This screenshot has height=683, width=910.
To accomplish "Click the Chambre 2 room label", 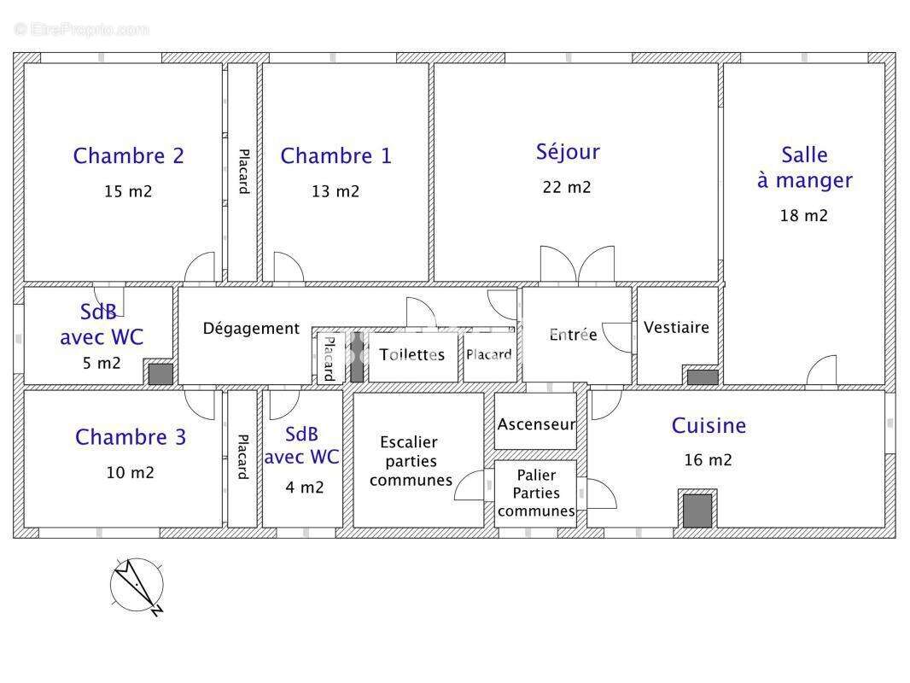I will (x=128, y=156).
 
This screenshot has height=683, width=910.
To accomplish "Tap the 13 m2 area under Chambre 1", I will (x=335, y=191).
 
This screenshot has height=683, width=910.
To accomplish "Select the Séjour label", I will (x=568, y=152).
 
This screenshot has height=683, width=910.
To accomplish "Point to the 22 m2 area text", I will (x=567, y=187).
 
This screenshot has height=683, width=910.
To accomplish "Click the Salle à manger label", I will (x=804, y=167).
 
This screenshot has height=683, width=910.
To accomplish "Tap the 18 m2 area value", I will (x=803, y=216).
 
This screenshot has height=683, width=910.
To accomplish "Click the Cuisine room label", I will (x=709, y=425).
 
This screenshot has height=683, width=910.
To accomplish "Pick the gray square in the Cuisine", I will (x=697, y=510).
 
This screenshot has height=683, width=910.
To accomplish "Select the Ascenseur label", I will (x=536, y=424).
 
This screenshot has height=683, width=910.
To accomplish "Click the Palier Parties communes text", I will (x=536, y=493).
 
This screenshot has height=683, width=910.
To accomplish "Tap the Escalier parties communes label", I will (x=411, y=461).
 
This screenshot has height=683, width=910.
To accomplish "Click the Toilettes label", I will (x=412, y=354).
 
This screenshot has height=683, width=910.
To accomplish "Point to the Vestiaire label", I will (x=676, y=328).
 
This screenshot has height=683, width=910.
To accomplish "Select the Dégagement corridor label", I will (x=251, y=329).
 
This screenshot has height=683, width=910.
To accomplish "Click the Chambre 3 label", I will (x=131, y=437).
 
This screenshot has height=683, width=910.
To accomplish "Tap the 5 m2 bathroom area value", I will (x=102, y=364).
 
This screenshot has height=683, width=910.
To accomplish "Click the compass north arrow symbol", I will (x=137, y=585).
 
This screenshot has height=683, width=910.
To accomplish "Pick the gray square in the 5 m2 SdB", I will (x=160, y=374).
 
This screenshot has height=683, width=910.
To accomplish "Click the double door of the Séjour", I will (x=578, y=266).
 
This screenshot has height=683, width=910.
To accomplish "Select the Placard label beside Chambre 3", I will (x=242, y=457).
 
